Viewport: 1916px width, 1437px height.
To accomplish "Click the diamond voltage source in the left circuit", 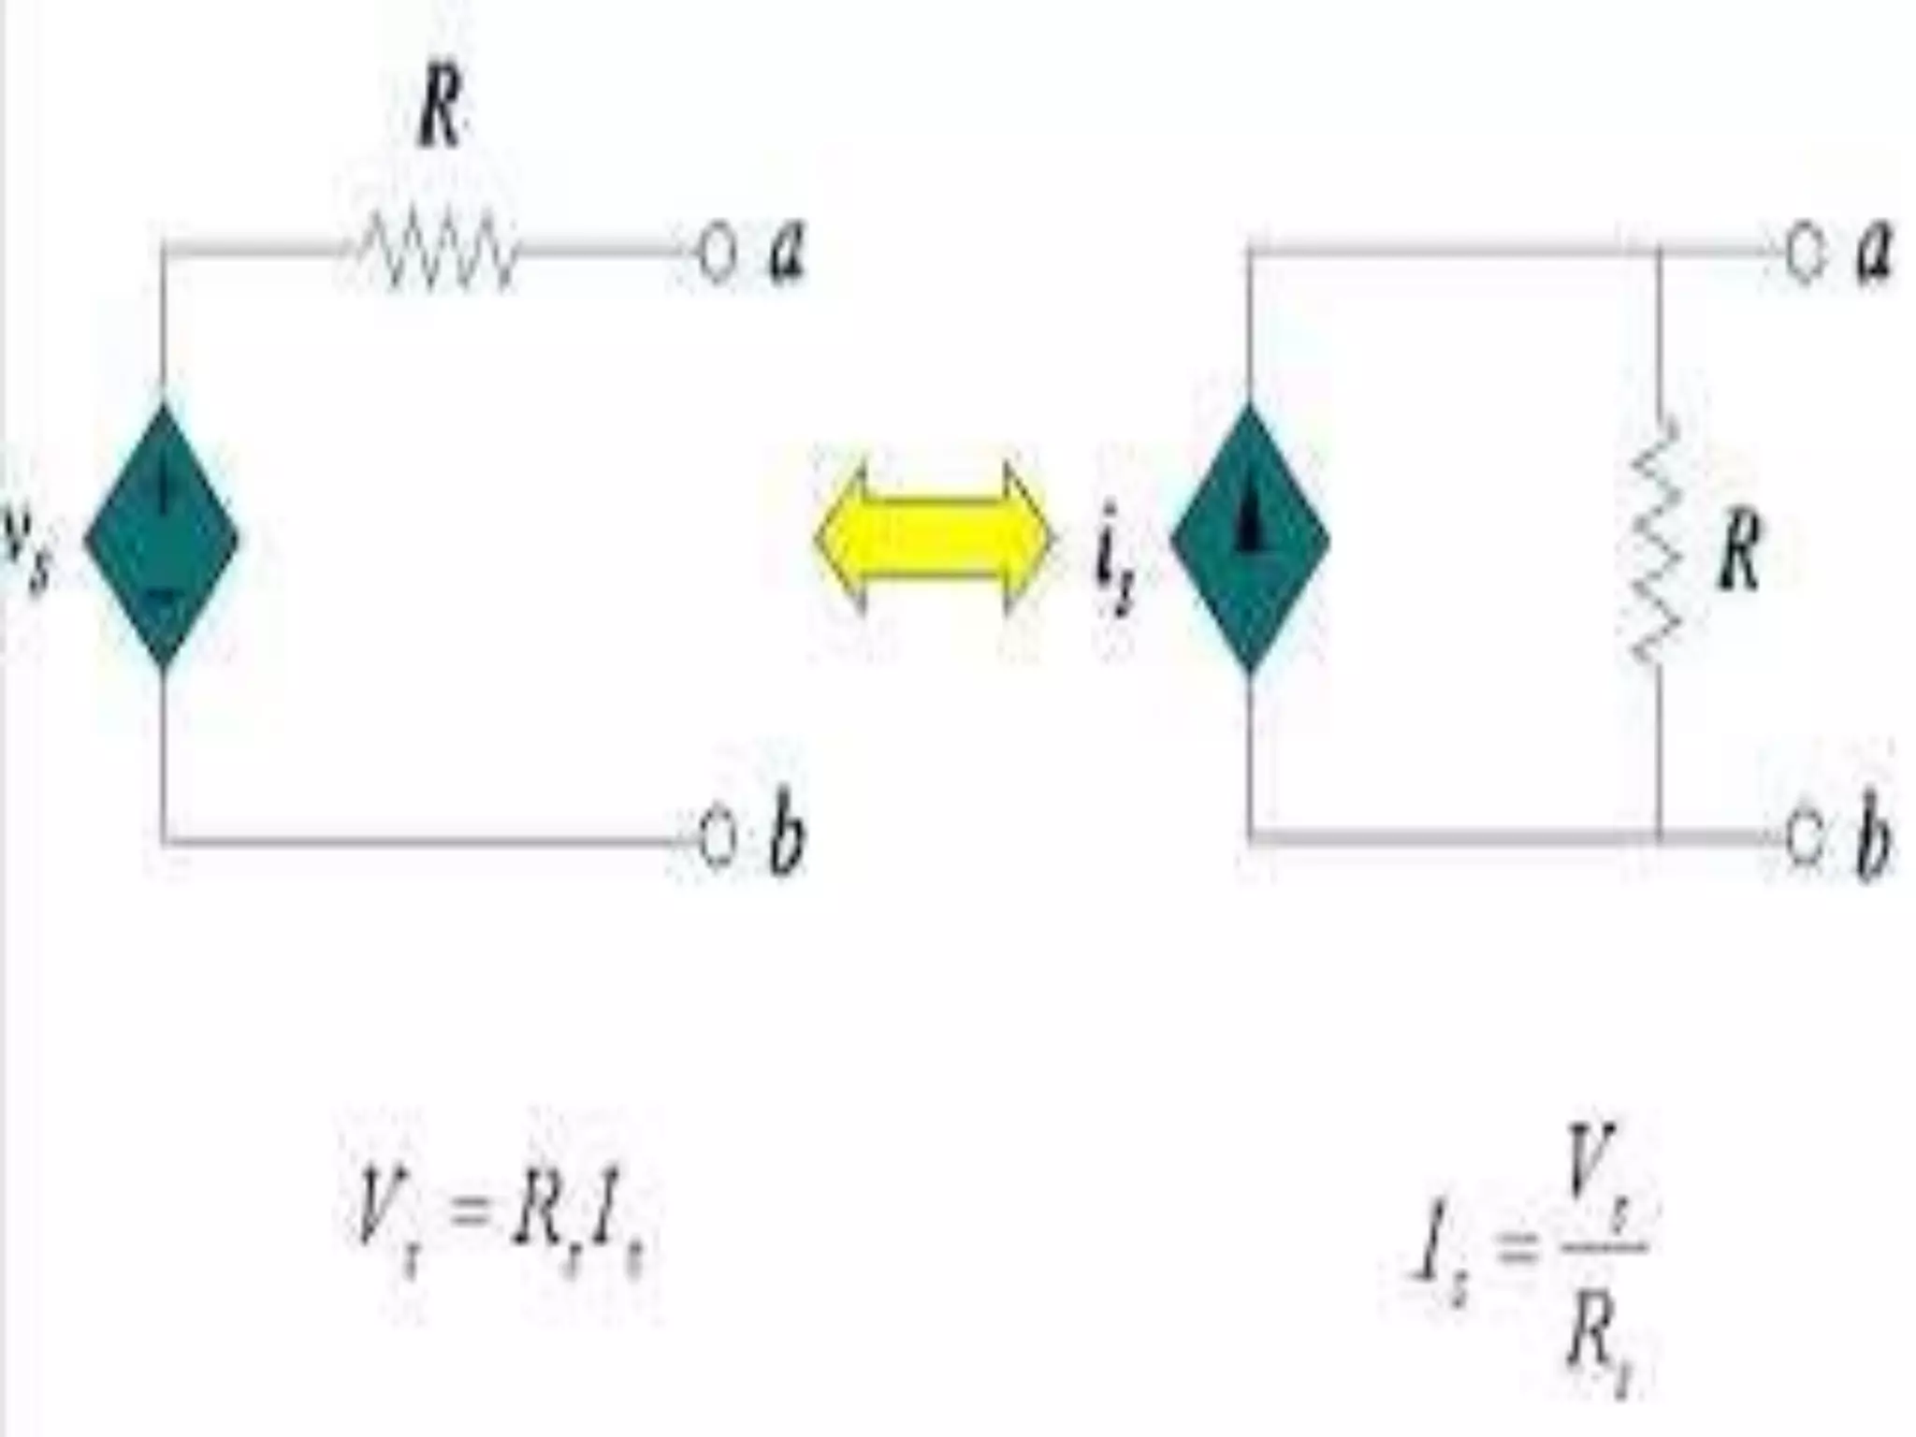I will coord(162,538).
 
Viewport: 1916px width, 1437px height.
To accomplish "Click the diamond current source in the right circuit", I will coord(1250,538).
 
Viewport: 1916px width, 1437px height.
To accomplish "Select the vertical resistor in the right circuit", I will coord(1657,541).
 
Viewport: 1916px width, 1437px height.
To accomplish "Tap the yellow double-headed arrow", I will coord(934,538).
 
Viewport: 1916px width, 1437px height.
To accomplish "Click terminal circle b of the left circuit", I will coord(717,839).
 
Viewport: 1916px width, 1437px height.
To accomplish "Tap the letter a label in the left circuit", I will coord(786,254).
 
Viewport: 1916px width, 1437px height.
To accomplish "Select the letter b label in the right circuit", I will coord(1871,835).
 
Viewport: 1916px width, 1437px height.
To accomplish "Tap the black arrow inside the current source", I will coord(1250,524).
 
